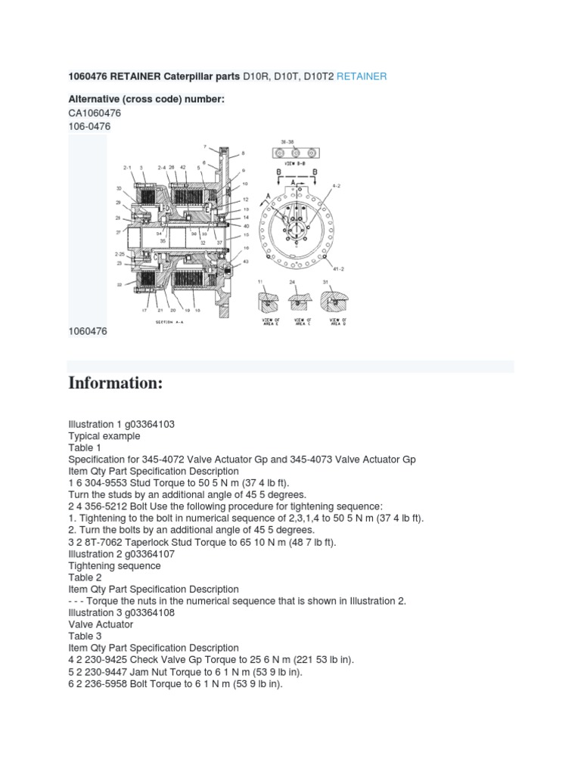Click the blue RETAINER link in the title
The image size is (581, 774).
[362, 76]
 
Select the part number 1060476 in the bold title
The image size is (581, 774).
[89, 76]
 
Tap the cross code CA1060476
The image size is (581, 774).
[95, 113]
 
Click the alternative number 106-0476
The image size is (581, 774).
[89, 126]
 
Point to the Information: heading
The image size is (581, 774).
[116, 382]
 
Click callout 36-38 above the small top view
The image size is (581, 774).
[287, 141]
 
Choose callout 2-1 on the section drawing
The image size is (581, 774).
[127, 167]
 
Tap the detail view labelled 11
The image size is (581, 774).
[269, 299]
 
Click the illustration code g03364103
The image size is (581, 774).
[148, 424]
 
